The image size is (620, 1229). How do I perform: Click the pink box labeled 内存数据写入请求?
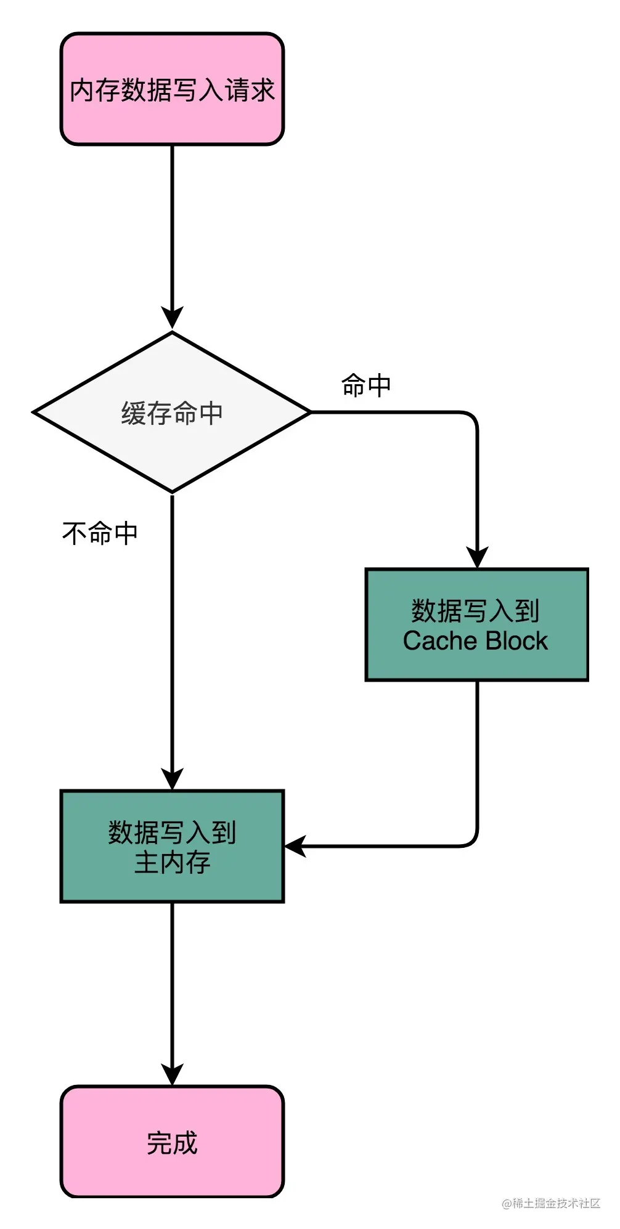(x=172, y=89)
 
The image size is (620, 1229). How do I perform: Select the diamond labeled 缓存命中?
(x=172, y=412)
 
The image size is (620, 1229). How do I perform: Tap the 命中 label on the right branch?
(x=366, y=385)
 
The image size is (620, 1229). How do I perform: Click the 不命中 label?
(x=100, y=533)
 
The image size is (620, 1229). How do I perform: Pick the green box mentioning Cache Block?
(x=476, y=624)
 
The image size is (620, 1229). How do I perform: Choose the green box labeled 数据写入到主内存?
(x=172, y=846)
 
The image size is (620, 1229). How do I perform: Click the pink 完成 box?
(x=172, y=1142)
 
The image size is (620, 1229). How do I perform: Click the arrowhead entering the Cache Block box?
(x=476, y=557)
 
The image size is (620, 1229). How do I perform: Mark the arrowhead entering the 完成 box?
(x=172, y=1074)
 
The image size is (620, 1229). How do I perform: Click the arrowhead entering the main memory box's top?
(x=172, y=778)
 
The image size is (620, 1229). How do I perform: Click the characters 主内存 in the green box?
(x=172, y=862)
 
